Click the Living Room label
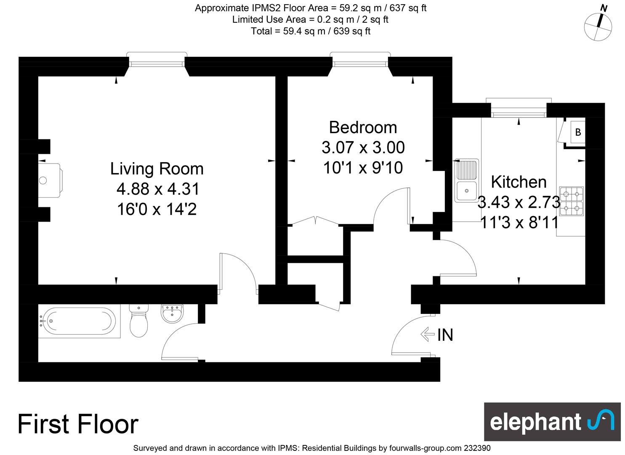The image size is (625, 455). (x=157, y=169)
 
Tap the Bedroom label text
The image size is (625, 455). (x=363, y=128)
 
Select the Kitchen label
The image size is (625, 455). (x=519, y=182)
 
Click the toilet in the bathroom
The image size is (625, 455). (x=138, y=321)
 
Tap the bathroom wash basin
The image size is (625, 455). (x=172, y=313)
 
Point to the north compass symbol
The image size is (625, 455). (x=598, y=27)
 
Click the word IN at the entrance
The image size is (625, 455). (x=445, y=335)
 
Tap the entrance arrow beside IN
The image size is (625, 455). (x=428, y=335)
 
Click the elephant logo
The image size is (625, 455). (x=552, y=422)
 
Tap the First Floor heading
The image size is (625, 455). (x=78, y=424)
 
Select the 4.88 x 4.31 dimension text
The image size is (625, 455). (x=158, y=189)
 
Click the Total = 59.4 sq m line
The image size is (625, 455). (x=311, y=31)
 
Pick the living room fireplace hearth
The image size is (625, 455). (x=50, y=180)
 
